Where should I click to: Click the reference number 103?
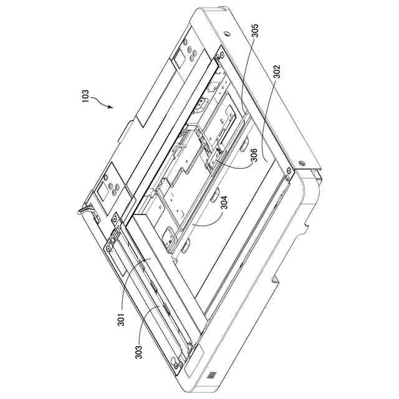(x=85, y=96)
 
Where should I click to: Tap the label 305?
(x=254, y=31)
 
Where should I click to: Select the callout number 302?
(x=276, y=72)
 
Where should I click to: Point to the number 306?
(x=254, y=155)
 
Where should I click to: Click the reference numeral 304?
(x=224, y=202)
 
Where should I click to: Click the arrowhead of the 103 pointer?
(x=111, y=107)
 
